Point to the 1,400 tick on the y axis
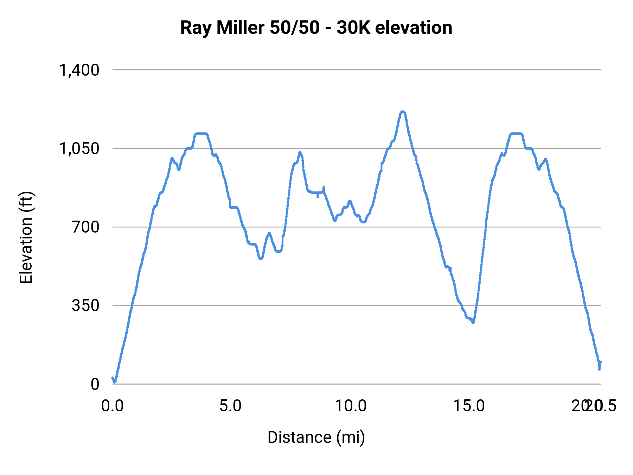[79, 70]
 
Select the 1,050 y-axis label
[79, 148]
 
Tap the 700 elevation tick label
[85, 227]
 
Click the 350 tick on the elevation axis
[85, 305]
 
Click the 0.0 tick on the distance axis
[113, 406]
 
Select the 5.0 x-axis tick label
[230, 406]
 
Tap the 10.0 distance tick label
[350, 406]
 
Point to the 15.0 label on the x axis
[469, 406]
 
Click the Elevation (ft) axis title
[26, 237]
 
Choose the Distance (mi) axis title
[316, 437]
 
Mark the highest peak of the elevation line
[403, 112]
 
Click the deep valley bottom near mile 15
[473, 322]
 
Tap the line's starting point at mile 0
[113, 378]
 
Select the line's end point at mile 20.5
[600, 362]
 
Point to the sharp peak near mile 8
[300, 152]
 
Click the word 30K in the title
[353, 28]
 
